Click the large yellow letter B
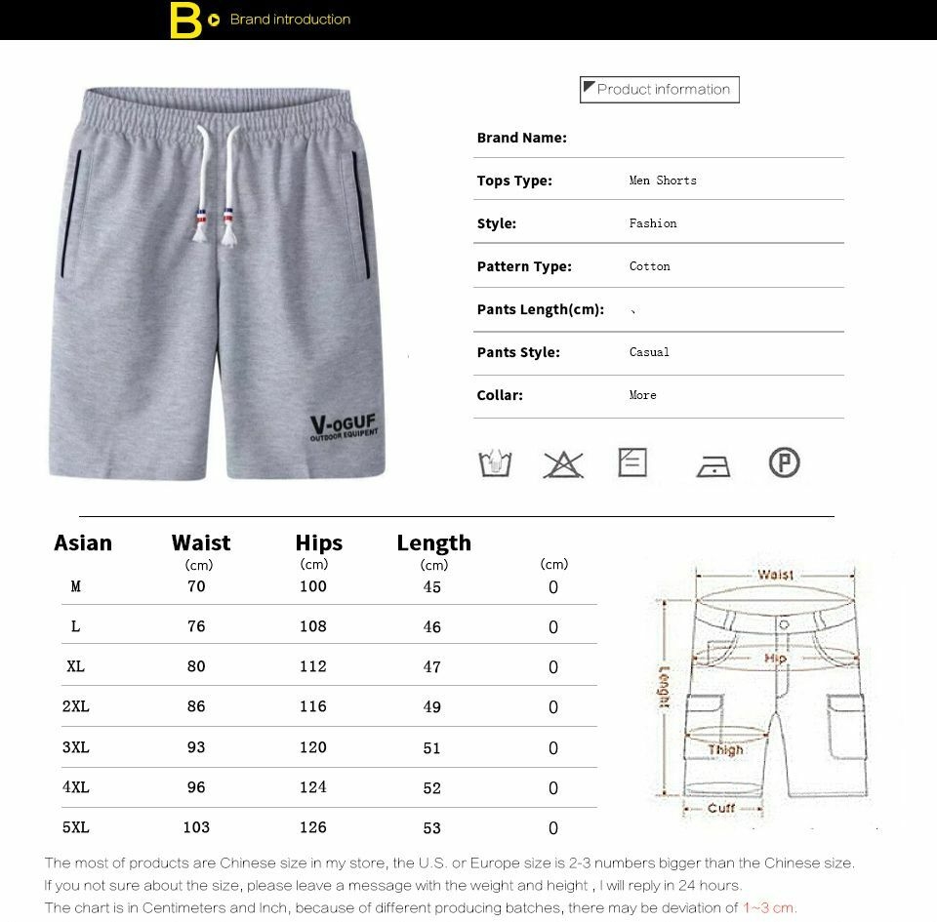(x=184, y=20)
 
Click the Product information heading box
(x=660, y=90)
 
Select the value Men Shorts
(x=663, y=180)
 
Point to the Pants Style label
(x=518, y=352)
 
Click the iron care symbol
(x=713, y=465)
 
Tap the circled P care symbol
(x=784, y=461)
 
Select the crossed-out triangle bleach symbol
(x=563, y=463)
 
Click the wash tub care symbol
(x=496, y=463)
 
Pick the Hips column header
(x=319, y=543)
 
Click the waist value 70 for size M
(x=196, y=586)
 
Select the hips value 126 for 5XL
(x=313, y=827)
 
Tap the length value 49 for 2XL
(x=432, y=707)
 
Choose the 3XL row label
(x=76, y=747)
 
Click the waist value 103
(x=196, y=827)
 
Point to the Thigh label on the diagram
(x=725, y=750)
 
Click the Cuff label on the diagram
(x=721, y=808)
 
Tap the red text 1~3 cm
(x=770, y=908)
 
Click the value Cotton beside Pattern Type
(x=650, y=266)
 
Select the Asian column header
(x=83, y=543)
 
